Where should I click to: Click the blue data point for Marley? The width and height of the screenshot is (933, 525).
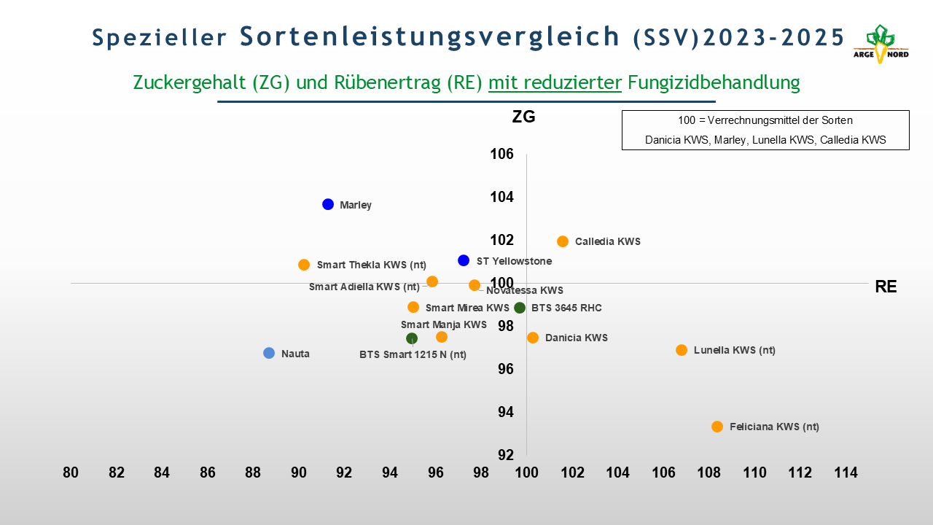pos(328,204)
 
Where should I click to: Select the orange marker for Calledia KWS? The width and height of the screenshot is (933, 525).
pos(563,241)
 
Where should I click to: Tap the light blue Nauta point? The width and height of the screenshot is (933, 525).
pos(269,353)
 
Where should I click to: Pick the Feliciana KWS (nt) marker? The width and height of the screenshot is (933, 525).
pos(717,427)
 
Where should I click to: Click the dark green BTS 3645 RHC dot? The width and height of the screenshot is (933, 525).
pos(520,308)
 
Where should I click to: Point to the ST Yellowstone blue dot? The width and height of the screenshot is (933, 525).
pos(464,260)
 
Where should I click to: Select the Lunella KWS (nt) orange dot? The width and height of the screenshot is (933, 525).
pos(682,350)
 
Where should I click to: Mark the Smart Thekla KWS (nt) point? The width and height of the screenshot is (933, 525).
pos(304,265)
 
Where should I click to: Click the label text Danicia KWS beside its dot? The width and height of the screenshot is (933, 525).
pos(576,338)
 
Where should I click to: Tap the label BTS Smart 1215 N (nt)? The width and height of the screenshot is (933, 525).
pos(413,354)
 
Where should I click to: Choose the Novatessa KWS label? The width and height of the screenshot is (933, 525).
pos(525,290)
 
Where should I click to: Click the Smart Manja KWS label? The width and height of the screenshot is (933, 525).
pos(443,324)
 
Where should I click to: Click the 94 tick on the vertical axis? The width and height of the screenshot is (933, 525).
pos(505,412)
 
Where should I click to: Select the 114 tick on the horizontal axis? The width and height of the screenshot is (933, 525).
pos(846,472)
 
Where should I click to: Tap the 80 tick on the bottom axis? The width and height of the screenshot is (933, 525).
pos(71,472)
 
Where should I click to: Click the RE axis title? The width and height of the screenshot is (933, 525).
pos(886,287)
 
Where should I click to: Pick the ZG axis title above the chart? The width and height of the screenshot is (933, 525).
pos(523,117)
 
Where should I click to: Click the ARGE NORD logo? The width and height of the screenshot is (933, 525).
pos(881,44)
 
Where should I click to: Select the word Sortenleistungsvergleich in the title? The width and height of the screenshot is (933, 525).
pos(430,36)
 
